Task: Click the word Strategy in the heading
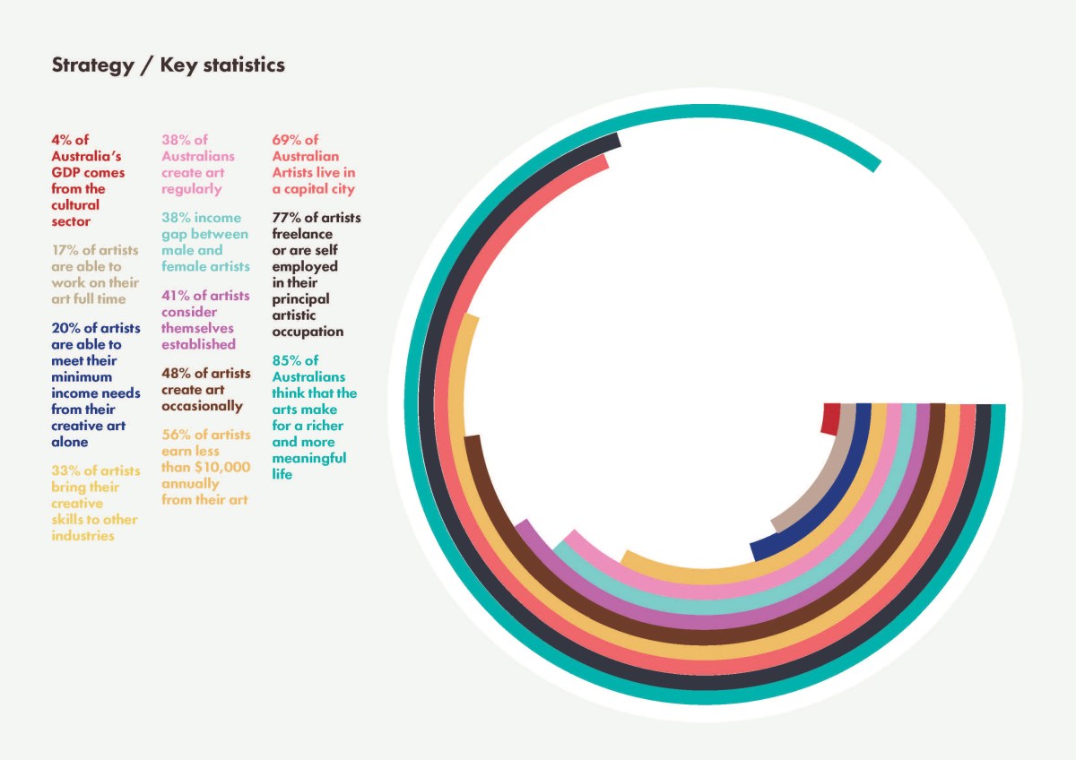click(91, 66)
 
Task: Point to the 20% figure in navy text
click(65, 328)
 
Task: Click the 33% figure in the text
click(66, 471)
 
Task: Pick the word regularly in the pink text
click(191, 189)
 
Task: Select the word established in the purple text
click(198, 344)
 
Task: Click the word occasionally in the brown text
click(202, 406)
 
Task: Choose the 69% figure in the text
click(287, 140)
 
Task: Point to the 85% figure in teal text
click(287, 360)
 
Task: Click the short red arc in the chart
click(831, 419)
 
